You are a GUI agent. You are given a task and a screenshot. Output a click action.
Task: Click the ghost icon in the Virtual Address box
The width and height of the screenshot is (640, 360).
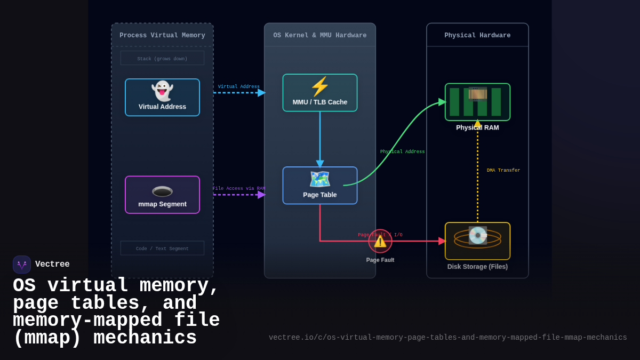(162, 91)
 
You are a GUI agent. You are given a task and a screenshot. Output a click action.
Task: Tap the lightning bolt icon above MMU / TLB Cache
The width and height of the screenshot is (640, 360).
(319, 86)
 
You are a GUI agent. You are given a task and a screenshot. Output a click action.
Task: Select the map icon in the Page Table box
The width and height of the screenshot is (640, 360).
(319, 179)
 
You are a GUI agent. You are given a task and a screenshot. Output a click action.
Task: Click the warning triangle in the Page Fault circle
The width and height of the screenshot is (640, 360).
(380, 242)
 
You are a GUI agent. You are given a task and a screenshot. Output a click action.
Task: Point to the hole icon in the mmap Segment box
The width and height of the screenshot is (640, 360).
(162, 191)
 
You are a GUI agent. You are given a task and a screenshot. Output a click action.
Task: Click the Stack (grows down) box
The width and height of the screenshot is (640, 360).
(162, 58)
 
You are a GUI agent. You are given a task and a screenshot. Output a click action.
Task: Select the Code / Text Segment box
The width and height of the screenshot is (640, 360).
(162, 248)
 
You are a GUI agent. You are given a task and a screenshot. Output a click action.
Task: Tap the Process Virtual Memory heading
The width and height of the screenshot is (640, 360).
(162, 35)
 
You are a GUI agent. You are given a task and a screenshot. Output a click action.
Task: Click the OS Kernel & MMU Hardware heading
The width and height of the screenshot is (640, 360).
(319, 35)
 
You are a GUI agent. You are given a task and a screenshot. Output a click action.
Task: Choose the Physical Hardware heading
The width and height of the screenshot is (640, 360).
(477, 35)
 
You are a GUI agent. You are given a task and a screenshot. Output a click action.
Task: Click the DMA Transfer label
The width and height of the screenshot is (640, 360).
(503, 171)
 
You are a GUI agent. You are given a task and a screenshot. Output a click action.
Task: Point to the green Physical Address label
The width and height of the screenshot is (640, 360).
(402, 152)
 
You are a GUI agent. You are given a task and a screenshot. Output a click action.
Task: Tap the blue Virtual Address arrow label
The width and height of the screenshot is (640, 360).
(238, 87)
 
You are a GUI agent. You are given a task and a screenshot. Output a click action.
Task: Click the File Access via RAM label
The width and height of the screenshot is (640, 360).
(238, 189)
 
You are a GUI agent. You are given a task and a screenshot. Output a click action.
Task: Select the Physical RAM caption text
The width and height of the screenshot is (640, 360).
(477, 128)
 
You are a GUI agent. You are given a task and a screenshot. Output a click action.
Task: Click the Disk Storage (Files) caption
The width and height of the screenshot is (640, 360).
(477, 267)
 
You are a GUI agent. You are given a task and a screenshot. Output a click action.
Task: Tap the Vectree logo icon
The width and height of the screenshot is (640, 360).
(22, 265)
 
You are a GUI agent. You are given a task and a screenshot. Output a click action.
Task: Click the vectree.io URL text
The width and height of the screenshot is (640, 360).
(447, 338)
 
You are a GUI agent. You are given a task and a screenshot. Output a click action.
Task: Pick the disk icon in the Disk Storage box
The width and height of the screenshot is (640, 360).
(477, 235)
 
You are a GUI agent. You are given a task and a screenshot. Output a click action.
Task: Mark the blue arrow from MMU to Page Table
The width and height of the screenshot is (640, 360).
(320, 139)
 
